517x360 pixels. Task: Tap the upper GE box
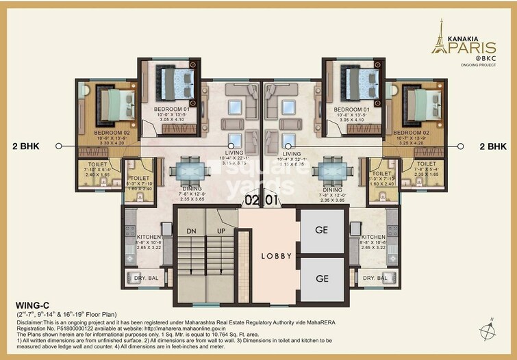[320, 231]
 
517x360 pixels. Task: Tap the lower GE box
[320, 279]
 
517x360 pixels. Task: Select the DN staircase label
[191, 231]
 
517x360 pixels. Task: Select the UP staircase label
[221, 231]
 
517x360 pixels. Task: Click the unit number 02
[251, 201]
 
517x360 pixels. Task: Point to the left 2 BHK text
[25, 146]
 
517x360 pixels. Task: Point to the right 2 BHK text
[492, 146]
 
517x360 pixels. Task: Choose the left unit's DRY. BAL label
[142, 278]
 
